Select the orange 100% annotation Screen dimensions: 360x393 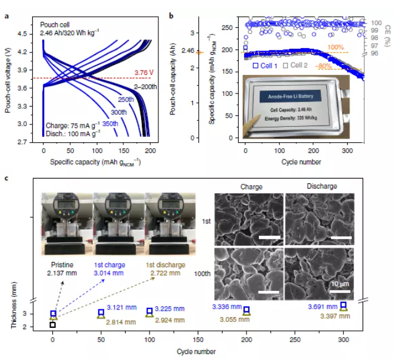point(336,47)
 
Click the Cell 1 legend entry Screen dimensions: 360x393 point(265,65)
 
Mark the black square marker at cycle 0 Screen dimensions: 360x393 point(53,325)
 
